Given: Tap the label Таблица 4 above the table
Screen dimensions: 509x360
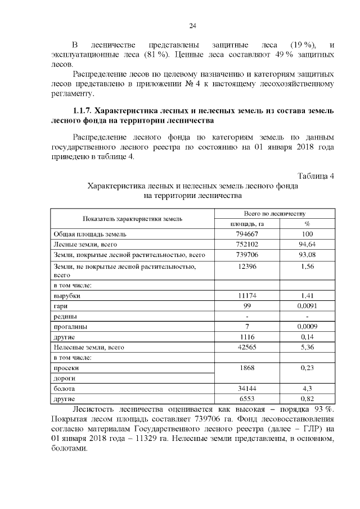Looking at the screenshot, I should click(316, 175).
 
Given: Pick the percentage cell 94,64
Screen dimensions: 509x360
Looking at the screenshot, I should click(307, 245).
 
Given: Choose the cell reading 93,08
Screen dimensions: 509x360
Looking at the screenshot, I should click(307, 255).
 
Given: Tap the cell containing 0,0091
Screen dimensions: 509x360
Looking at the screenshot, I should click(307, 305).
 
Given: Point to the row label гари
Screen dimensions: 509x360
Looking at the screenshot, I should click(61, 305).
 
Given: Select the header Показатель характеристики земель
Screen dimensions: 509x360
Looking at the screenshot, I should click(132, 218).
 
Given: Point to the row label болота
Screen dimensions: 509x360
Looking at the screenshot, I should click(64, 389).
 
